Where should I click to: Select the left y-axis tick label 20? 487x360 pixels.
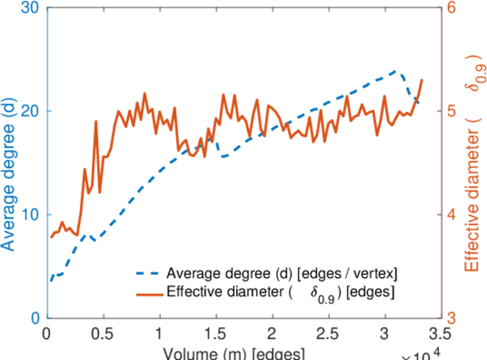pyautogui.click(x=30, y=112)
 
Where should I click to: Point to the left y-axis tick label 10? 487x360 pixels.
pyautogui.click(x=30, y=215)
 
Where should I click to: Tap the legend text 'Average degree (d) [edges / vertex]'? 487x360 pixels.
pyautogui.click(x=281, y=274)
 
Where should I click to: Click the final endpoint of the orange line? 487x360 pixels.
pyautogui.click(x=422, y=80)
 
